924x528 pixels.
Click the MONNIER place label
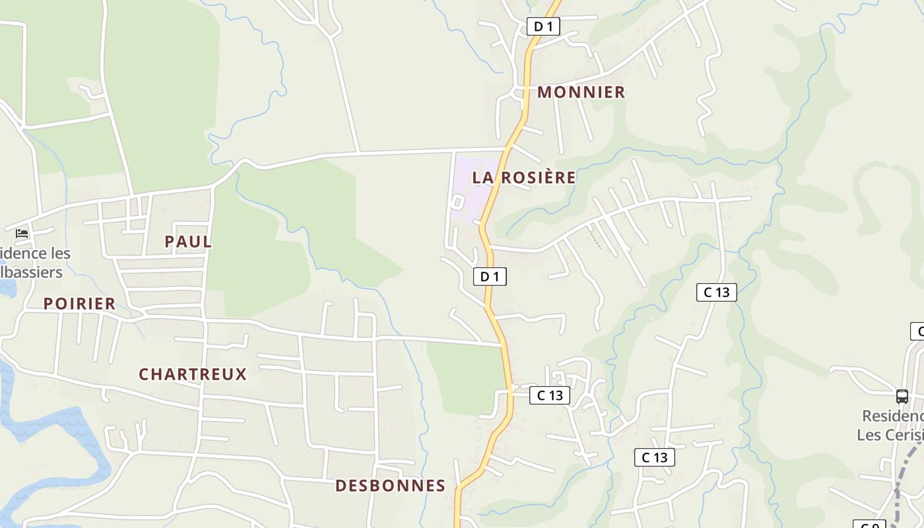tap(581, 92)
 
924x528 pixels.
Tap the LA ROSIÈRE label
tap(524, 178)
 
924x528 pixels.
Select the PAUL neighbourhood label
tap(188, 242)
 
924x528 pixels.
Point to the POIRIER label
tap(79, 304)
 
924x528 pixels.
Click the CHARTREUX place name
tap(193, 374)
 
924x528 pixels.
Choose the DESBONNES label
tap(390, 486)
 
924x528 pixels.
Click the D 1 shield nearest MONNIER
tap(543, 26)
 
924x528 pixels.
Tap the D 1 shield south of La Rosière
tap(490, 277)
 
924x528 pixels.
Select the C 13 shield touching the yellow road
tap(549, 395)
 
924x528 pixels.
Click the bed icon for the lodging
tap(22, 234)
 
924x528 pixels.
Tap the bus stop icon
tap(902, 397)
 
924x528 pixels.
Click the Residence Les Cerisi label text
tap(891, 426)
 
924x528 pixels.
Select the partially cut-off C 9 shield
tap(870, 525)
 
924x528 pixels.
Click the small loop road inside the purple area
tap(457, 202)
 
